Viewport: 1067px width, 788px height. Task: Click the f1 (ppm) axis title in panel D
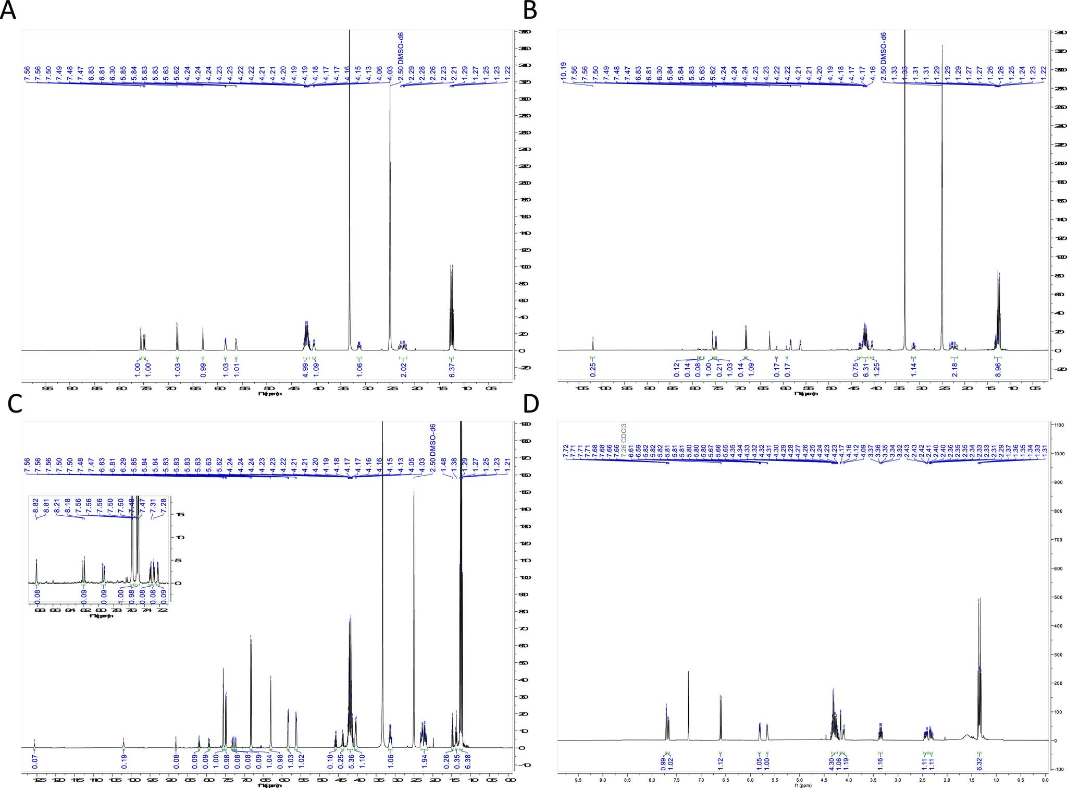point(802,785)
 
